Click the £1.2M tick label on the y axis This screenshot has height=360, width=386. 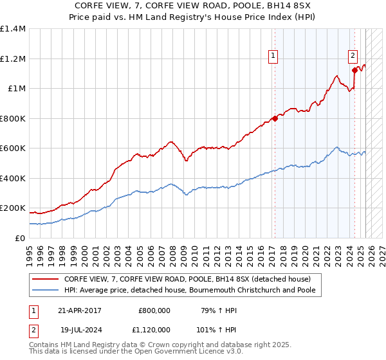pyautogui.click(x=12, y=59)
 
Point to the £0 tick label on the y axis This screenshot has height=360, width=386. pyautogui.click(x=19, y=238)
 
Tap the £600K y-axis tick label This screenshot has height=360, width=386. pyautogui.click(x=12, y=148)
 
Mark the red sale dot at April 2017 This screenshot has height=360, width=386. pyautogui.click(x=275, y=118)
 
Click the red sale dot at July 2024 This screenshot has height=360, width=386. pyautogui.click(x=354, y=70)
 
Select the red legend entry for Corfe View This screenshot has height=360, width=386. pyautogui.click(x=187, y=279)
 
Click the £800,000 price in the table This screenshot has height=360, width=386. pyautogui.click(x=154, y=310)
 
